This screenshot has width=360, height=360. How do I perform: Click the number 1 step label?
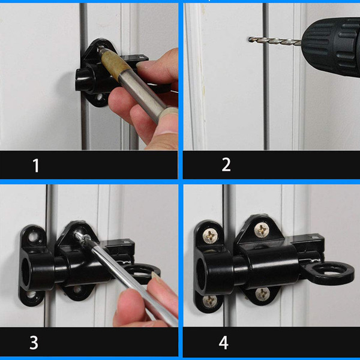pos(36,165)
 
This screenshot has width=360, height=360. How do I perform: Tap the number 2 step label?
pos(226,164)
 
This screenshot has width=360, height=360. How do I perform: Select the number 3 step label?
pos(34,343)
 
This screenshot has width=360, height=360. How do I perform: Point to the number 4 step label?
pos(223,343)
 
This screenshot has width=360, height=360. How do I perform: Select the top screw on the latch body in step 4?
pos(262,229)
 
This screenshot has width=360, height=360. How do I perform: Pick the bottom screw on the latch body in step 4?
pos(262,293)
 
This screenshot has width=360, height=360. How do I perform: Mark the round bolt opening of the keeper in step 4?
pos(203,267)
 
